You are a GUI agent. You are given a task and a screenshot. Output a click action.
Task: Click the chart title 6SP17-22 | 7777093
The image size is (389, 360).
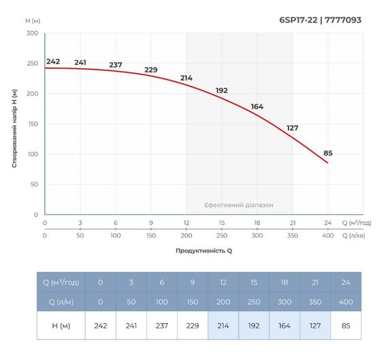[x=320, y=20]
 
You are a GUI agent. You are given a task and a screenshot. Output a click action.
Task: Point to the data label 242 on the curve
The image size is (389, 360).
[x=53, y=61]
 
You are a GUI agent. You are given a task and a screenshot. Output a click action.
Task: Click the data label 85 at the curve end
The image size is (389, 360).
[x=328, y=152]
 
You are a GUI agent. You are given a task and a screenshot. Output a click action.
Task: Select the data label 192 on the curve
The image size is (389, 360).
[x=222, y=90]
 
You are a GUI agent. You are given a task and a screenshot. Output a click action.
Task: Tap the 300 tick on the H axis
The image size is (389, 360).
[x=32, y=33]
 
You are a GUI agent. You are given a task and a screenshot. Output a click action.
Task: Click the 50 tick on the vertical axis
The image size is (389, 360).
[x=34, y=184]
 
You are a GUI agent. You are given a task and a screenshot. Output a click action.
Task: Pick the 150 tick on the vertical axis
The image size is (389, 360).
[x=32, y=124]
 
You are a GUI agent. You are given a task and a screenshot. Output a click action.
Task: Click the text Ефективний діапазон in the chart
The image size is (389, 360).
[x=239, y=205]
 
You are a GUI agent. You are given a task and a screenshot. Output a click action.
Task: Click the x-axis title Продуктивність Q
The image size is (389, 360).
[x=204, y=251]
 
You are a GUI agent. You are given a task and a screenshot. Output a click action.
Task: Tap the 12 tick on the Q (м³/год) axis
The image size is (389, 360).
[x=186, y=223]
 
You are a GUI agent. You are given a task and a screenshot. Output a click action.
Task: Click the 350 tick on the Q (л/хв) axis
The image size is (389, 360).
[x=292, y=235]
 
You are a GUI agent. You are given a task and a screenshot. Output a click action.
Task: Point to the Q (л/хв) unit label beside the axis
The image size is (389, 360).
[x=356, y=235]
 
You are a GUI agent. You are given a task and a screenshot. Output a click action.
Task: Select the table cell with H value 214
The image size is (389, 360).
[x=223, y=326]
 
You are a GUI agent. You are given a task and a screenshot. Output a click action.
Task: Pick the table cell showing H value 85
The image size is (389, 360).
[x=346, y=326]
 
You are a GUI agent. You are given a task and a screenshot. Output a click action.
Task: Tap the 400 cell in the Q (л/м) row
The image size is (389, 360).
[x=346, y=301]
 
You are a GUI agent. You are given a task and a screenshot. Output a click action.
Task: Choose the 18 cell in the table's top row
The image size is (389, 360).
[x=285, y=281]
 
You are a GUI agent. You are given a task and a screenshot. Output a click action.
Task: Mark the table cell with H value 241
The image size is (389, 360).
[x=131, y=326]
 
